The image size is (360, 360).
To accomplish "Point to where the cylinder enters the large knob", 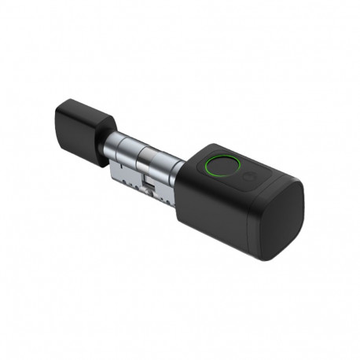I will tap(179, 171).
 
